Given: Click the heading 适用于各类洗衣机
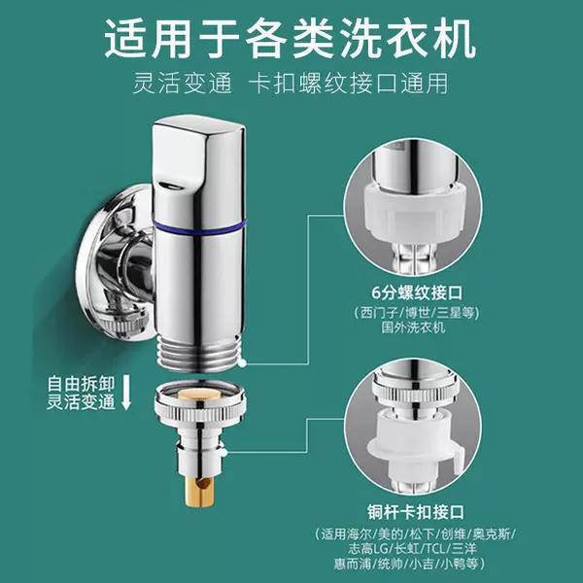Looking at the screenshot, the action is pyautogui.click(x=291, y=39).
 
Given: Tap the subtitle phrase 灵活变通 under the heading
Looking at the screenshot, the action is pyautogui.click(x=183, y=84).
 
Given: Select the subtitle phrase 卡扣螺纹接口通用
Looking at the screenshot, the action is pyautogui.click(x=349, y=84).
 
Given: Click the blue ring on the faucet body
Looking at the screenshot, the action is pyautogui.click(x=199, y=226).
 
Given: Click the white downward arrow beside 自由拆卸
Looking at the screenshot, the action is pyautogui.click(x=126, y=392).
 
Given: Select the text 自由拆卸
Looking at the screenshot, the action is pyautogui.click(x=81, y=384).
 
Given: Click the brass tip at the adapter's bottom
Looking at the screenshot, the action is pyautogui.click(x=199, y=492).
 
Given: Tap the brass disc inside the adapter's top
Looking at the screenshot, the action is pyautogui.click(x=197, y=395).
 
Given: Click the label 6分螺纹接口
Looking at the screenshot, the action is pyautogui.click(x=417, y=293).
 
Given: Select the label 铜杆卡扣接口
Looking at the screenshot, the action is pyautogui.click(x=416, y=512).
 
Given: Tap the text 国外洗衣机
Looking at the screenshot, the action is pyautogui.click(x=413, y=327).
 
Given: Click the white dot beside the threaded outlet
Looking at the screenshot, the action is pyautogui.click(x=242, y=363).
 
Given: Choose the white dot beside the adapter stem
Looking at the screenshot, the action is pyautogui.click(x=223, y=453).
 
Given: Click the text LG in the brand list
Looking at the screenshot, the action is pyautogui.click(x=379, y=549).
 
